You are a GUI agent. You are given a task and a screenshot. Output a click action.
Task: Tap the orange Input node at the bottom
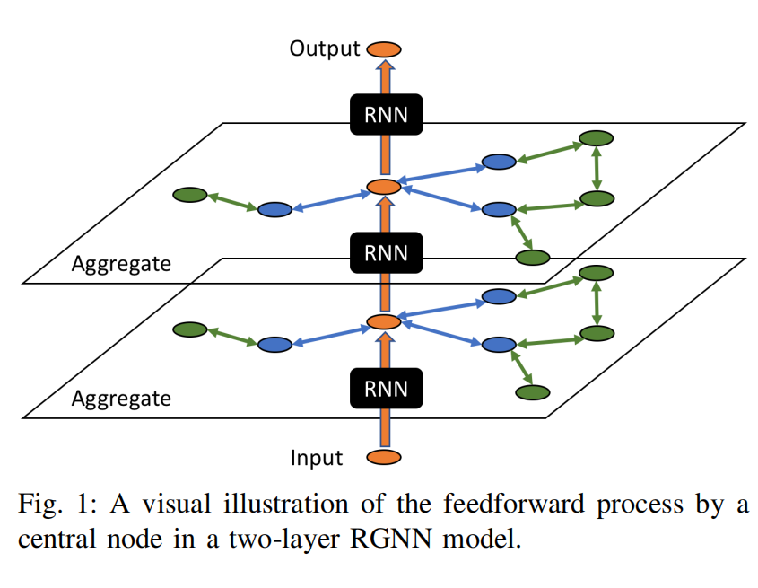click(x=384, y=457)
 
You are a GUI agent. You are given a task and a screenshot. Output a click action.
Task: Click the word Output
click(x=324, y=48)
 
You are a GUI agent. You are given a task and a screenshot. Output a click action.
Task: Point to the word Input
click(x=316, y=458)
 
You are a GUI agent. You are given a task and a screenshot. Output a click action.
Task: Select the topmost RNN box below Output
click(x=384, y=114)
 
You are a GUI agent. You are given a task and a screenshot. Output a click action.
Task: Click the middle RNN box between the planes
click(x=384, y=252)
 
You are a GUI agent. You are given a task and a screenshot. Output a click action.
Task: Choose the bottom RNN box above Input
click(x=384, y=389)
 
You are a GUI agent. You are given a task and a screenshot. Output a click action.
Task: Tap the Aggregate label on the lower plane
click(x=120, y=397)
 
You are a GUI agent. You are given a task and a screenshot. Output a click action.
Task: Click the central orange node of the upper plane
click(x=384, y=187)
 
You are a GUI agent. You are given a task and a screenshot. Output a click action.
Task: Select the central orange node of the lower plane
click(x=384, y=321)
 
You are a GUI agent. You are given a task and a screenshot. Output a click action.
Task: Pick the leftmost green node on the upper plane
click(x=190, y=195)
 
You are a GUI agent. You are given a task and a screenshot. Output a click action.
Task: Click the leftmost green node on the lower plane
click(x=190, y=329)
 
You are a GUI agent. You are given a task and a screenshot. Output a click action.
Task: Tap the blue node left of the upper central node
click(x=274, y=210)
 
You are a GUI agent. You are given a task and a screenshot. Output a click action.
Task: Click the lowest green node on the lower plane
click(x=532, y=392)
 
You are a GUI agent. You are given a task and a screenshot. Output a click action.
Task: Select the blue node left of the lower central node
click(x=274, y=345)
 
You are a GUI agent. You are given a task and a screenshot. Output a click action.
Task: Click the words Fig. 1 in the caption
click(x=57, y=505)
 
